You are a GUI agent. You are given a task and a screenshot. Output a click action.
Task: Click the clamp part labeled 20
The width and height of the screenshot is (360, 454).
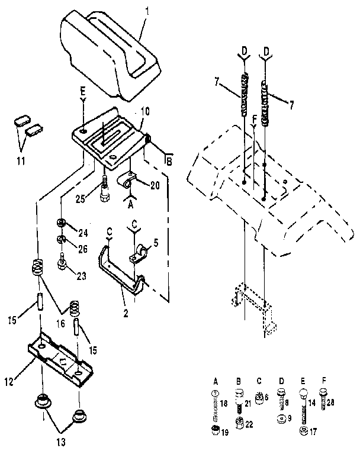[x=130, y=179]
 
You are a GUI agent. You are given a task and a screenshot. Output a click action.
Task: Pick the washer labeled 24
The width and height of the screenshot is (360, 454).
[x=60, y=223]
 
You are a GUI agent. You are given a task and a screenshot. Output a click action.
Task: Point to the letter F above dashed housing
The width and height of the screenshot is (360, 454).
[x=253, y=118]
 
